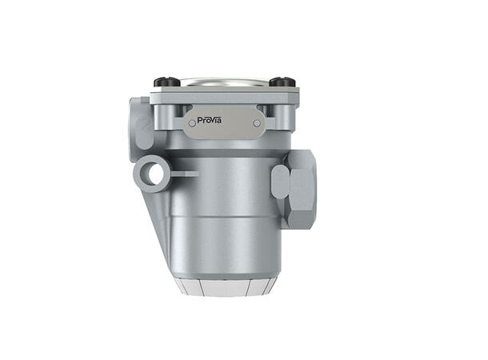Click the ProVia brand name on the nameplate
pyautogui.click(x=210, y=121)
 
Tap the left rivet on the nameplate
pyautogui.click(x=190, y=122)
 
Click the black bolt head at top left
pyautogui.click(x=165, y=82)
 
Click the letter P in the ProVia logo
pyautogui.click(x=200, y=121)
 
